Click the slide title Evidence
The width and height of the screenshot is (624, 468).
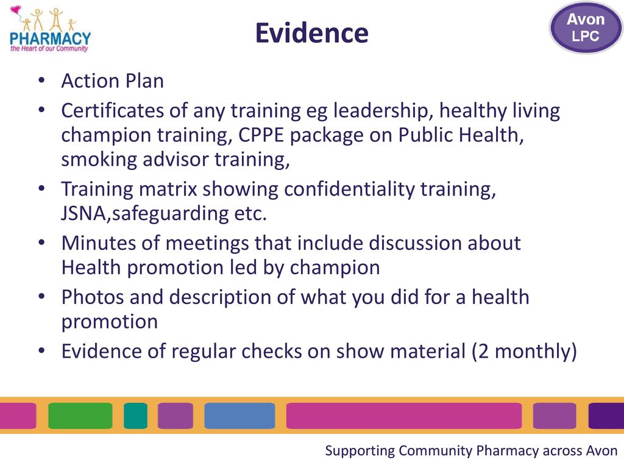311,33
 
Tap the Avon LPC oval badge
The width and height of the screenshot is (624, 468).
586,28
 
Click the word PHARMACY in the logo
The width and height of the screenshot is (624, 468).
50,39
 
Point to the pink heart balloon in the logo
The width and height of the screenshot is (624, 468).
15,11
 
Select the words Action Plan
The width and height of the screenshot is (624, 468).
113,81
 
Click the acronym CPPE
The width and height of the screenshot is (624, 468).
261,135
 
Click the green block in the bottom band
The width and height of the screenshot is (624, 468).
80,416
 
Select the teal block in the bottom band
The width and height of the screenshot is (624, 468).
135,416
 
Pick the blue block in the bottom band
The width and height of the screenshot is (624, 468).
239,416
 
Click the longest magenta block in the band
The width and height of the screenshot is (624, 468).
403,416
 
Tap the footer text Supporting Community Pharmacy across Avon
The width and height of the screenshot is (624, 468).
471,450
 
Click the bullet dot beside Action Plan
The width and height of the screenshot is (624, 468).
42,80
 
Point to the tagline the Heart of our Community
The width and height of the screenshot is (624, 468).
49,49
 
